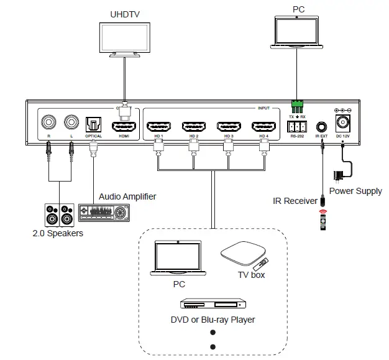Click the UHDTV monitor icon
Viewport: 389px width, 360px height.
(x=126, y=39)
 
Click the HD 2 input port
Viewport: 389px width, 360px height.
(x=193, y=126)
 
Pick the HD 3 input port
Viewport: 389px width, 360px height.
(x=228, y=126)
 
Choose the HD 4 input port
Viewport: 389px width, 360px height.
(x=263, y=126)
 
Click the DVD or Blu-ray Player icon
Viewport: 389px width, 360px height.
(x=212, y=305)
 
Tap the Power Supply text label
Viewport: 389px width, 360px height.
(x=355, y=191)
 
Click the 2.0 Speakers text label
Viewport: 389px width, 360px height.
(x=58, y=234)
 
